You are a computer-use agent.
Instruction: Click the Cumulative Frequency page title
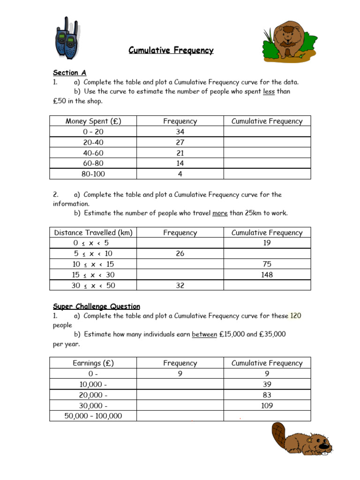pos(171,51)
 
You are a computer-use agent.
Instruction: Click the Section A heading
pos(69,73)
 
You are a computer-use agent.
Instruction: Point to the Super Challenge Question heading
pos(96,307)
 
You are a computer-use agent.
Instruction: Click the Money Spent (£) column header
pos(93,121)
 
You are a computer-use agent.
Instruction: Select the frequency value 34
pos(180,132)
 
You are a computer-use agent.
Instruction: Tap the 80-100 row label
pos(94,174)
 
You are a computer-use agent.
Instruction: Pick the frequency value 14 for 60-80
pos(180,164)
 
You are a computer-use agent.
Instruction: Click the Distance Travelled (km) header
pos(93,233)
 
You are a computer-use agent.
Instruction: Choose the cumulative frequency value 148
pos(267,275)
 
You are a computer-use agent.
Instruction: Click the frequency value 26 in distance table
pos(180,254)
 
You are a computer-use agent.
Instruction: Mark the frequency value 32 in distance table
pos(180,285)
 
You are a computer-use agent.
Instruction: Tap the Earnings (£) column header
pos(93,363)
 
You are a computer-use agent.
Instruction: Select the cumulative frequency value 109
pos(267,405)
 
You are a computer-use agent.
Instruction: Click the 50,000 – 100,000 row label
pos(93,416)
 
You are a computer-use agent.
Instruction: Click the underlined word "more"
pos(220,213)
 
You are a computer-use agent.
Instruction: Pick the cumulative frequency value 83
pos(267,395)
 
